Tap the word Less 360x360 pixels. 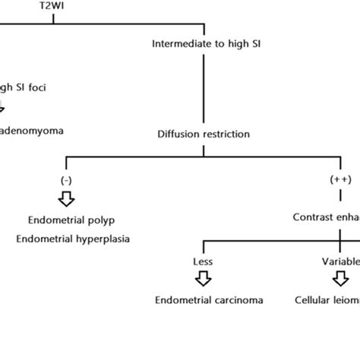pyautogui.click(x=203, y=261)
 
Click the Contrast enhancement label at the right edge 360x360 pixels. pyautogui.click(x=326, y=216)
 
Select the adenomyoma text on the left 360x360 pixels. pyautogui.click(x=32, y=130)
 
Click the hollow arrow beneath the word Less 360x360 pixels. pyautogui.click(x=203, y=279)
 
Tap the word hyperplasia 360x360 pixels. pyautogui.click(x=103, y=239)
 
